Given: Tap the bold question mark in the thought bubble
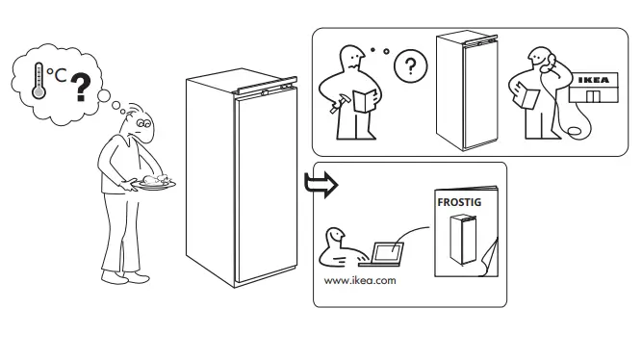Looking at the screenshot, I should pos(80,89).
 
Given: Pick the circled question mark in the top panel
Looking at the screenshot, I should pos(411,66).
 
